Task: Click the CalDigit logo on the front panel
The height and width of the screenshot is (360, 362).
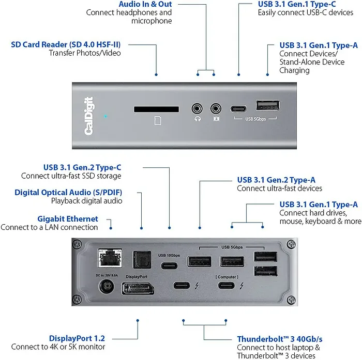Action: coord(88,116)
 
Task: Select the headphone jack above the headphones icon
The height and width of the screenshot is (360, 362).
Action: coord(197,109)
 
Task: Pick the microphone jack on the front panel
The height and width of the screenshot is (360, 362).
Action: coord(216,109)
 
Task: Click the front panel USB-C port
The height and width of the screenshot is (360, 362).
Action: coord(240,109)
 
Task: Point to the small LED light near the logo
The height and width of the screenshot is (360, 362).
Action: coord(105,116)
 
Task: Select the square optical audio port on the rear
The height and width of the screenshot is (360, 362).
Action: coord(141,257)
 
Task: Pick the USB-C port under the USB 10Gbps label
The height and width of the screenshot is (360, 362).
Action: coord(170,267)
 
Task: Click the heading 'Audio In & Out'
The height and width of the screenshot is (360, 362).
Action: coord(145,4)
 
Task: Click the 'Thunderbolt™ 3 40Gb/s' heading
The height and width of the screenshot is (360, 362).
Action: coord(280,339)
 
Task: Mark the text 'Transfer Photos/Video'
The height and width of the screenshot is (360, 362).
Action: coord(84,53)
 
